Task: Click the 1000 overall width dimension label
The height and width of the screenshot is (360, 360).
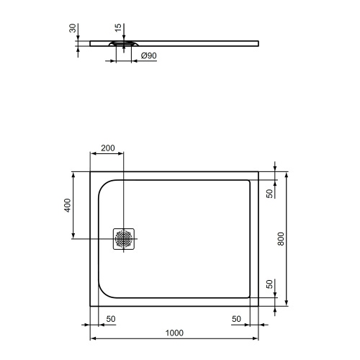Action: (174, 332)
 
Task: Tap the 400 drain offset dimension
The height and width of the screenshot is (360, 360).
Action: (67, 204)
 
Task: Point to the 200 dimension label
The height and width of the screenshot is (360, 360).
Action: (107, 148)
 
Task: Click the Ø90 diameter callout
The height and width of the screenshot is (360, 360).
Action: (148, 56)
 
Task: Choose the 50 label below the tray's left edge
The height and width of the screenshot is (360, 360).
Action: (112, 318)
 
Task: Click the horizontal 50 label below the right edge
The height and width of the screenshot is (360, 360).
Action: (236, 318)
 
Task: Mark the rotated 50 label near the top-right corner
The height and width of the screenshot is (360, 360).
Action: (269, 194)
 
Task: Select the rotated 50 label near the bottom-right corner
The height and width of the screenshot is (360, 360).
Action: (269, 284)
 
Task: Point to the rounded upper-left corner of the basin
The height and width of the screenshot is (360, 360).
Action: (102, 186)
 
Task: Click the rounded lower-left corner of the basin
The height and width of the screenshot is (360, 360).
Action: (102, 291)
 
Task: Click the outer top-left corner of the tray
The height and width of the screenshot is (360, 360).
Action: (90, 172)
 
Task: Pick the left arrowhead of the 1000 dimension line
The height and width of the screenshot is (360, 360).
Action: (91, 338)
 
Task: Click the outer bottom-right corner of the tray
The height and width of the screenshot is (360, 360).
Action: (259, 305)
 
